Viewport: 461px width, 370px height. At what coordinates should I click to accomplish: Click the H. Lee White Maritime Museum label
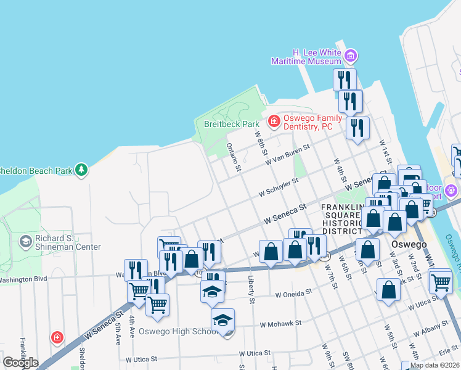[308, 57]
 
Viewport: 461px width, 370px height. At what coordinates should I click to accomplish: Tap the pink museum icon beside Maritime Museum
[351, 57]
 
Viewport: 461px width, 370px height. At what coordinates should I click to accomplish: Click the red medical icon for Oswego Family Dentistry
[273, 121]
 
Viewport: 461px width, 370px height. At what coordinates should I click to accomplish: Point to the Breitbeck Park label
[232, 124]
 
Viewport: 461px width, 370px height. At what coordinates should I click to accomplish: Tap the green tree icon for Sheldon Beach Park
[81, 169]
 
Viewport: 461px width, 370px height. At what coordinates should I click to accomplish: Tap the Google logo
[20, 363]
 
